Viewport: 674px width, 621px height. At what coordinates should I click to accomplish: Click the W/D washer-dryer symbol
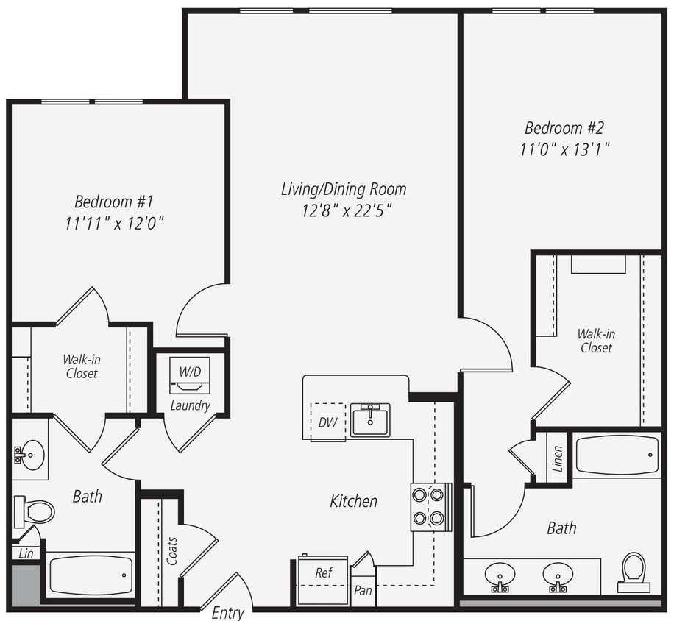[x=190, y=374]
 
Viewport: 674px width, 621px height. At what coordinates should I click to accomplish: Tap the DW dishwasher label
[x=327, y=422]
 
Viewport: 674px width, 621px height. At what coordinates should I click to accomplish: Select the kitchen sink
[x=370, y=420]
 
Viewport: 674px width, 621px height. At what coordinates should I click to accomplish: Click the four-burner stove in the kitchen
[x=430, y=506]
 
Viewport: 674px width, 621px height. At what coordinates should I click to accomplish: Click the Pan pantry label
[x=363, y=590]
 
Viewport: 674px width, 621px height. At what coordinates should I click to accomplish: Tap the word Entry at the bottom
[x=228, y=612]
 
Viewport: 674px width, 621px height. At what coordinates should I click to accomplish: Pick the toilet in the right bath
[x=634, y=569]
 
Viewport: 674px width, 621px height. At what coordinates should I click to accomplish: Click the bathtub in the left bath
[x=91, y=575]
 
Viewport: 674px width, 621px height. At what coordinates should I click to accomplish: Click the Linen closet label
[x=557, y=458]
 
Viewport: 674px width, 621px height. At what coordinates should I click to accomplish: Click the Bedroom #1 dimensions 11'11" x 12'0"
[x=113, y=223]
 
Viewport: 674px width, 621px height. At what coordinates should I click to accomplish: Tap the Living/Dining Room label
[x=344, y=189]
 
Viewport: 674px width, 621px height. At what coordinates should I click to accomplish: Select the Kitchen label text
[x=353, y=501]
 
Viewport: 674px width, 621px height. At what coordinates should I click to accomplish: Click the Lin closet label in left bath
[x=26, y=553]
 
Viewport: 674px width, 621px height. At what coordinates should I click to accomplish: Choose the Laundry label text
[x=190, y=405]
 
